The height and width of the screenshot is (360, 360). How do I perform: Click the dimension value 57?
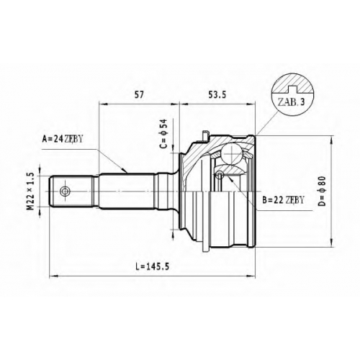139,95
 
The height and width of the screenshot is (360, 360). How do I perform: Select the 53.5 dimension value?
217,95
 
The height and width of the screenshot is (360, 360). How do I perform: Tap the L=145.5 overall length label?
152,266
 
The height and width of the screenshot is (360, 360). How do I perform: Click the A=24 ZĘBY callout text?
63,139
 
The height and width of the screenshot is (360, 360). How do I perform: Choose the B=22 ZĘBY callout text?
283,199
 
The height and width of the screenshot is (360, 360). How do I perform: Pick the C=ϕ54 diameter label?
163,134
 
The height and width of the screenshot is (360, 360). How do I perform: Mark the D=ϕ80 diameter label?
323,192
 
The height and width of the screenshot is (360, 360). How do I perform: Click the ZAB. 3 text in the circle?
291,102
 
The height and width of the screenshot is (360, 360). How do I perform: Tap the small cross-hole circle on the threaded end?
65,192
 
